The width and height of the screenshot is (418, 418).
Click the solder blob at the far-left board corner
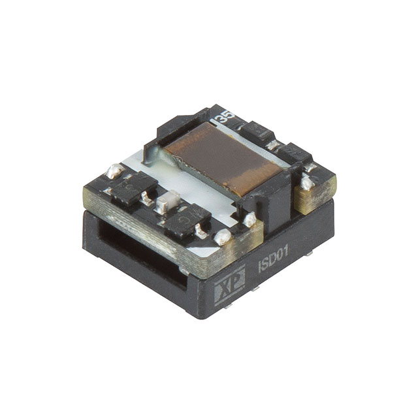pos(114,171)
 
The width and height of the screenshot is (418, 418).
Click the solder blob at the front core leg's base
pos(249,220)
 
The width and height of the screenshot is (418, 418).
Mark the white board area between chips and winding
pos(196,186)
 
